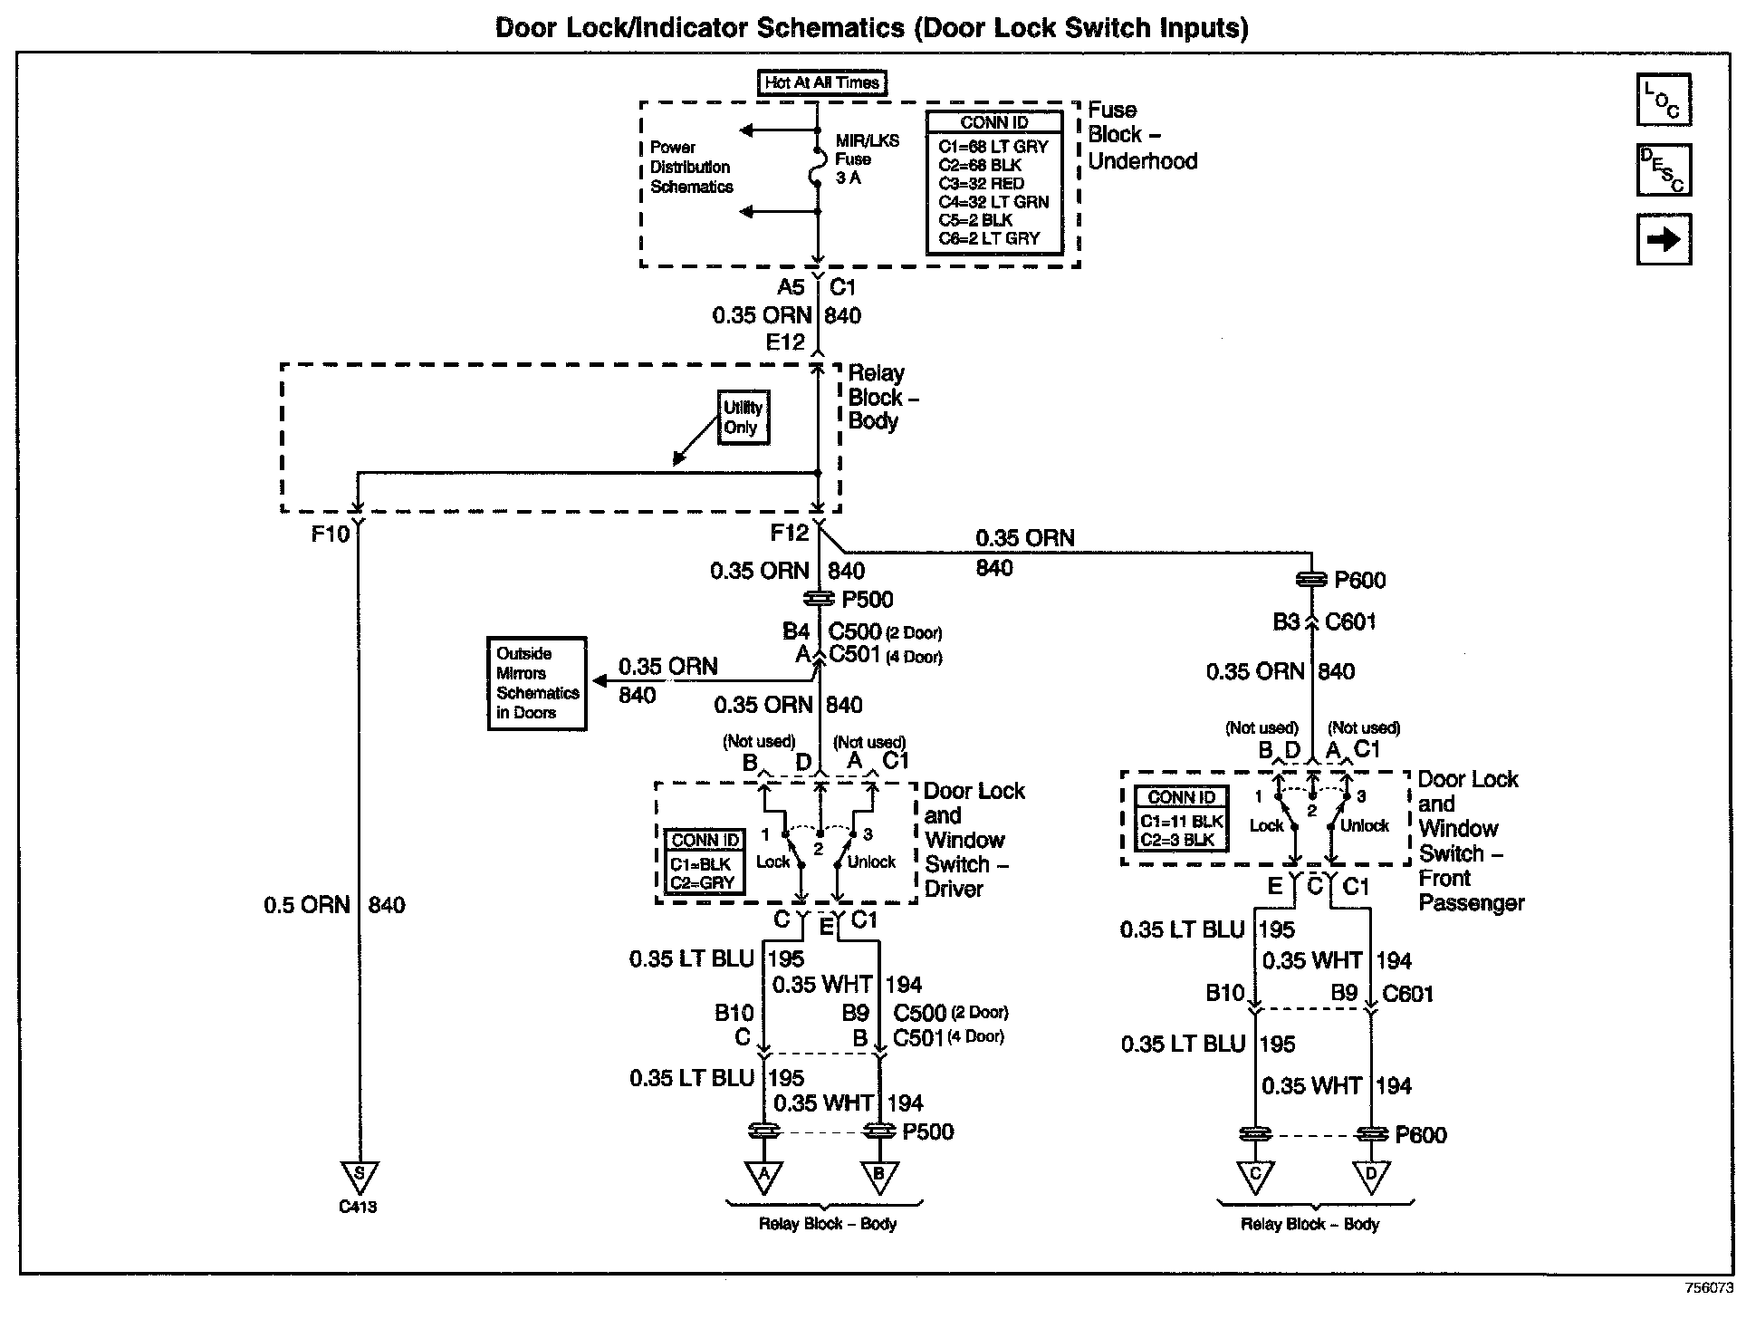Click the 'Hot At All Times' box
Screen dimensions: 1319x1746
click(821, 82)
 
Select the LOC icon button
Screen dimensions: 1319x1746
click(1664, 100)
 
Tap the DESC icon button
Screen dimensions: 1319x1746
click(1664, 169)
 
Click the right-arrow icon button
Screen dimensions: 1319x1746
click(1664, 240)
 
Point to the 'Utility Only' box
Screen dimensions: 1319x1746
click(743, 418)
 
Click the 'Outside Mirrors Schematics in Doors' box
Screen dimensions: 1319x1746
click(537, 683)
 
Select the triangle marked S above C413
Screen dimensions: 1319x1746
click(360, 1176)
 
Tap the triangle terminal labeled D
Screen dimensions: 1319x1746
click(1369, 1176)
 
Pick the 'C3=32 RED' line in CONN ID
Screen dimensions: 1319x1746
click(981, 183)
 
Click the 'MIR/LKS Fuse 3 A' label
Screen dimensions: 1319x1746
click(867, 159)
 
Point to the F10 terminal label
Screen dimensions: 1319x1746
click(330, 534)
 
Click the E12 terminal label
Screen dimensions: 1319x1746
click(784, 342)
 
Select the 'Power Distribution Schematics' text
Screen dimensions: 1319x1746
click(691, 168)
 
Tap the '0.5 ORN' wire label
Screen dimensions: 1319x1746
click(306, 905)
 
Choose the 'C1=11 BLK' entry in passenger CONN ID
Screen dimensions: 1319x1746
click(1182, 822)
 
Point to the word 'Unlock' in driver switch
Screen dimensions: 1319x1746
click(871, 862)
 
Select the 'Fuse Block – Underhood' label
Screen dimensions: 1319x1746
click(1142, 136)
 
